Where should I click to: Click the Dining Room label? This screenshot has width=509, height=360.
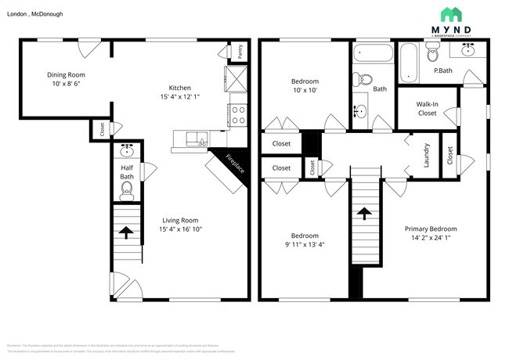point(66,75)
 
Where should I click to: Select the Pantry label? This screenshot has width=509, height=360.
point(240,51)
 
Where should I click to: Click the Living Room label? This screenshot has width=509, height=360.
point(179,220)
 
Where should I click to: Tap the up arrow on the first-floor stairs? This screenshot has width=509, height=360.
point(125,232)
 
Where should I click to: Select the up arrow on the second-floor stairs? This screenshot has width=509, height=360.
point(364,212)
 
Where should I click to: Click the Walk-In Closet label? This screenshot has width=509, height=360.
point(427,108)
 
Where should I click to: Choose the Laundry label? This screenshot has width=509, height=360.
point(427,154)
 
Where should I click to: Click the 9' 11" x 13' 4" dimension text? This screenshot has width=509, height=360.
point(305,245)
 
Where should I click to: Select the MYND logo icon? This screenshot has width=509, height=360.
point(450,15)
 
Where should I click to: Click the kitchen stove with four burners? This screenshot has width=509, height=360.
point(237,115)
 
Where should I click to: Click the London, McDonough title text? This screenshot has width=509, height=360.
point(35,14)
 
